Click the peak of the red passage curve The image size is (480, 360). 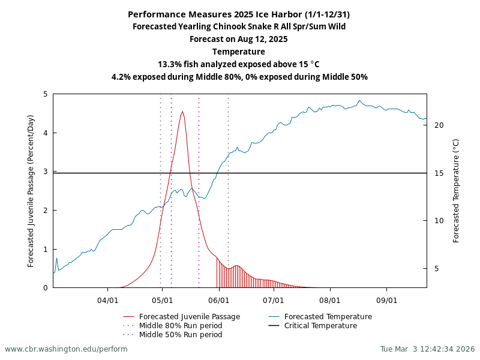coord(182,112)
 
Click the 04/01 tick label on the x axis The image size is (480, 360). coord(107,299)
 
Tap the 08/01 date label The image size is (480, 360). coord(329,299)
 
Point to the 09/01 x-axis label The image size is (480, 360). coord(386,299)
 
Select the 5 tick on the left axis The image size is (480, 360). coord(46,94)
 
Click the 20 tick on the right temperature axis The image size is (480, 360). coord(439,125)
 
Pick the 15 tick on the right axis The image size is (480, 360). coord(439,173)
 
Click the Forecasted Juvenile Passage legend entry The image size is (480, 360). coord(189,317)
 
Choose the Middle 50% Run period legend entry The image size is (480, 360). coord(180,335)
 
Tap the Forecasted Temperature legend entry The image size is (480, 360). coord(328,317)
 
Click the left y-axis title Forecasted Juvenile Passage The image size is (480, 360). coord(31,191)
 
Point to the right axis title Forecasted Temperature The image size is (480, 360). coord(456,191)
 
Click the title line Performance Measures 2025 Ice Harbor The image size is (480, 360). coord(239,14)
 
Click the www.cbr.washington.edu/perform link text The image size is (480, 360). coord(66,349)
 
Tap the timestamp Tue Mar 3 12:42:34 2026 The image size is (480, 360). coord(427,349)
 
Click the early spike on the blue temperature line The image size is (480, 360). coord(56,259)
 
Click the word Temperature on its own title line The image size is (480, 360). coord(239,52)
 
